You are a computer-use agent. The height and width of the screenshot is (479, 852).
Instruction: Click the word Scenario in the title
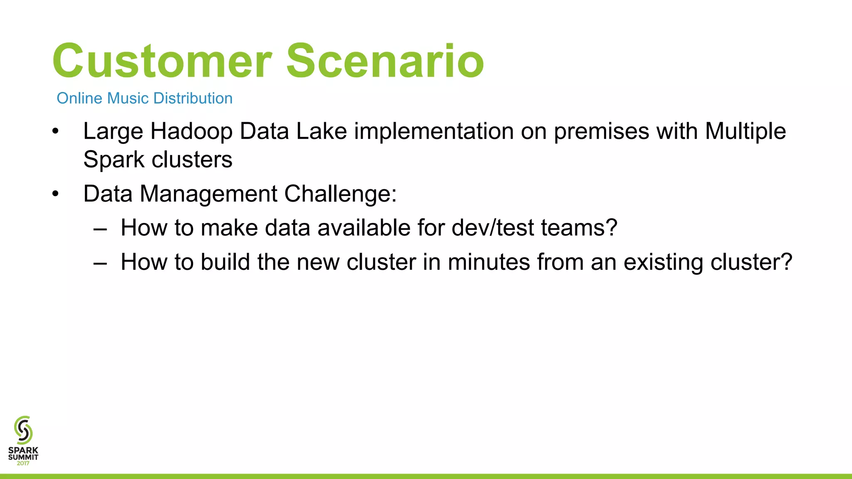click(385, 62)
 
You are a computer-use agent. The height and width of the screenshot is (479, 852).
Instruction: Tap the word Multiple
click(745, 131)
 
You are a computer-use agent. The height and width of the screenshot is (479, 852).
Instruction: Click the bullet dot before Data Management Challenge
click(56, 194)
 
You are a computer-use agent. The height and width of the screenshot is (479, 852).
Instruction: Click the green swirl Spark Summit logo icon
click(23, 430)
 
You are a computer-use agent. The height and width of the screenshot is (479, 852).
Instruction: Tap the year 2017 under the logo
click(23, 463)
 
